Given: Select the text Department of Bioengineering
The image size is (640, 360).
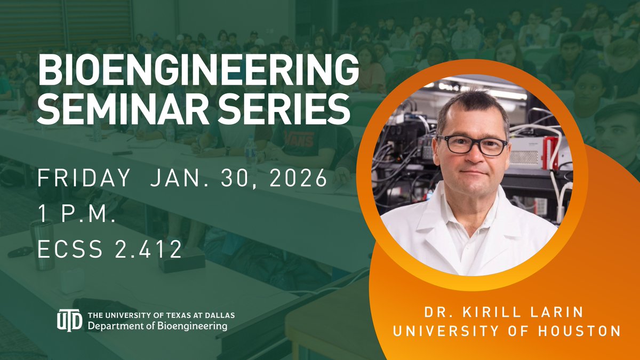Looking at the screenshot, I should (158, 325).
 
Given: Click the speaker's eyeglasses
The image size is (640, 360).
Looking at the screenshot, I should (472, 145).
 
